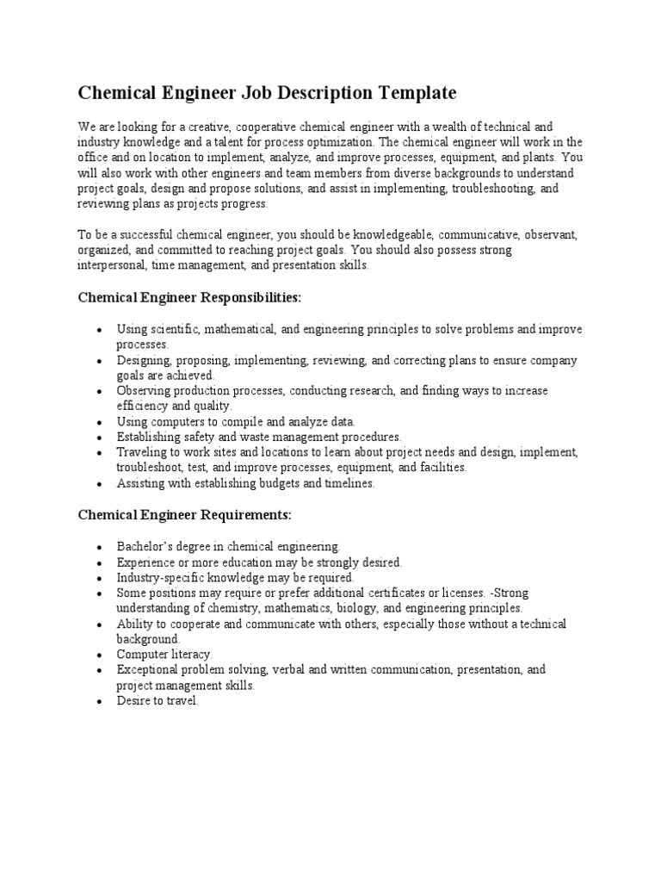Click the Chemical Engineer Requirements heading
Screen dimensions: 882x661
(184, 515)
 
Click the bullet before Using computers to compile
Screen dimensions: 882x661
(101, 422)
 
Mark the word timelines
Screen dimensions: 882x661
(343, 483)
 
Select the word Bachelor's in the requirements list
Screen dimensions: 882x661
(145, 546)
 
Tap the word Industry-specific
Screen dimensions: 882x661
(158, 577)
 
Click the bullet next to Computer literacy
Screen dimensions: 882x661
(101, 655)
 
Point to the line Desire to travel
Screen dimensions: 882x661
(158, 701)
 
